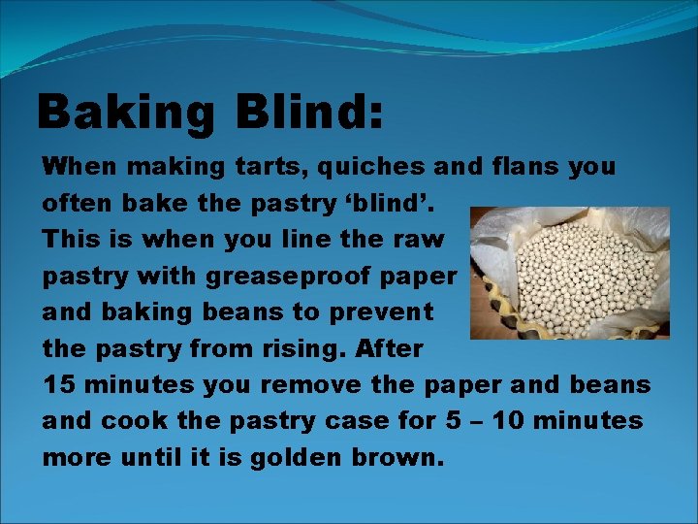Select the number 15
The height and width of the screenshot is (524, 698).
coord(59,384)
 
